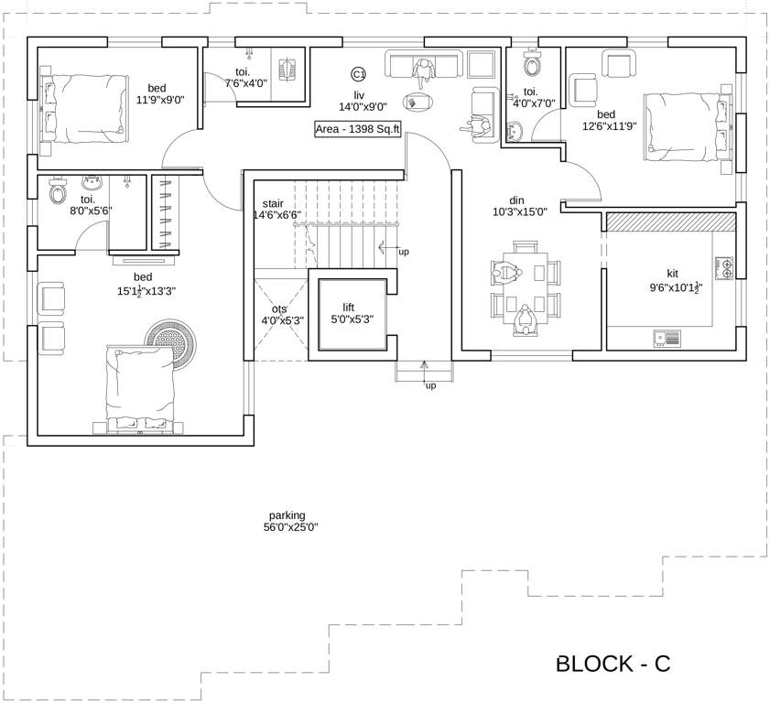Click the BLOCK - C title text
tap(613, 664)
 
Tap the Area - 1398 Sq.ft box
tap(358, 129)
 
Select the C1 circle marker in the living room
tap(359, 73)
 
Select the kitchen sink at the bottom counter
tap(667, 339)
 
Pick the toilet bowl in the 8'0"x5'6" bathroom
tap(59, 193)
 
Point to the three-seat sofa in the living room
tap(424, 65)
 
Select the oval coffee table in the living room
tap(418, 102)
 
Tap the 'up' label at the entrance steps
tap(429, 386)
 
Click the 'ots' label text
tap(278, 308)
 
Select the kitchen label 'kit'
tap(673, 273)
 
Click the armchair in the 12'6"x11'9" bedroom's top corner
tap(619, 64)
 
